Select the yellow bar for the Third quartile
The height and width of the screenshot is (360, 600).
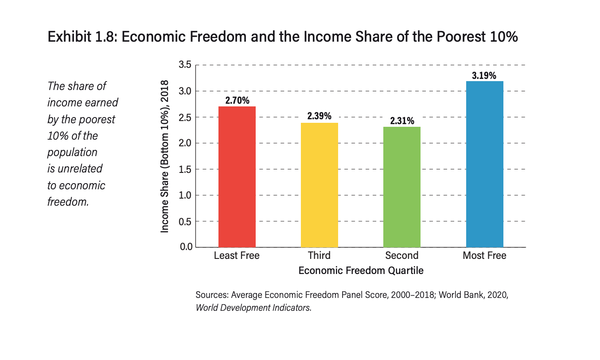319,185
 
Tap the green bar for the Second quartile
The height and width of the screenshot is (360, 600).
402,187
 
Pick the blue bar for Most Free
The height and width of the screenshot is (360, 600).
484,164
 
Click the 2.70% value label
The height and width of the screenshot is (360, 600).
237,101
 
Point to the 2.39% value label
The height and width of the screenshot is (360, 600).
319,117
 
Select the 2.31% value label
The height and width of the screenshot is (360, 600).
402,121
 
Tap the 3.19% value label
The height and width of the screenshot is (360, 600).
484,75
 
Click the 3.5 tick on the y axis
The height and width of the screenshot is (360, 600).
185,65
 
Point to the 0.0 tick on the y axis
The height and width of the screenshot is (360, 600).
185,247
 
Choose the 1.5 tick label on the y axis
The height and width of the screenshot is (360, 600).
185,169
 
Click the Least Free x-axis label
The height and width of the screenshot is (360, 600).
237,255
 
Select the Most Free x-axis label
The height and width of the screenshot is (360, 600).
484,255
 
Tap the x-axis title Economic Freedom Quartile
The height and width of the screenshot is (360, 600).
361,270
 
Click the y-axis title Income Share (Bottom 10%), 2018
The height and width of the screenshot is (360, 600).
165,156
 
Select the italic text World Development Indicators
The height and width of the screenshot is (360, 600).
253,307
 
